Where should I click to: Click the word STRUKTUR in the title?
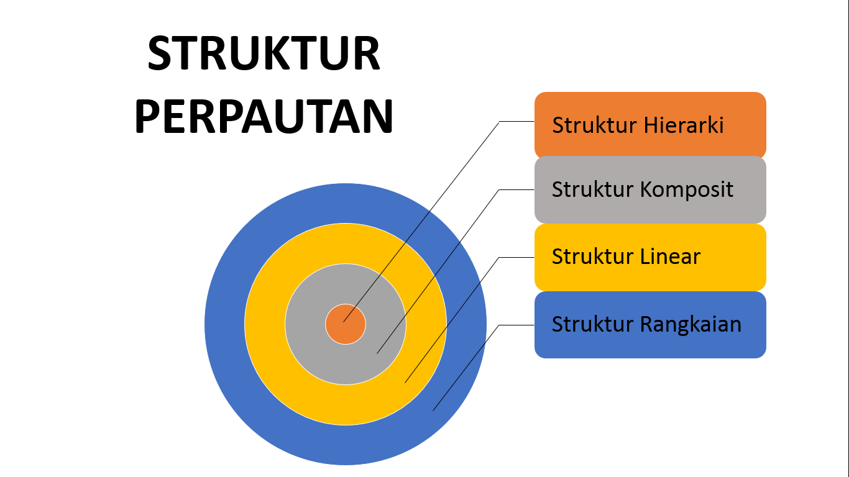tap(264, 54)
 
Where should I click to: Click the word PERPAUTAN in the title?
tap(264, 116)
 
